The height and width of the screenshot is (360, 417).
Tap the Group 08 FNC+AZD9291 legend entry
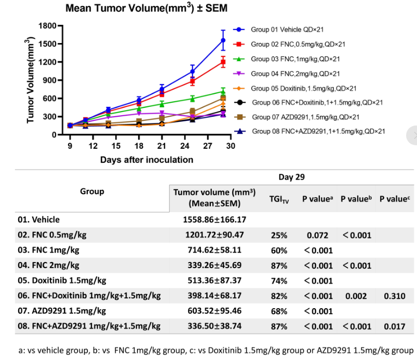pyautogui.click(x=317, y=132)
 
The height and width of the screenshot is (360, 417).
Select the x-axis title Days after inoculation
pyautogui.click(x=146, y=160)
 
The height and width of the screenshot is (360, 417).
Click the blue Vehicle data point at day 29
pyautogui.click(x=223, y=40)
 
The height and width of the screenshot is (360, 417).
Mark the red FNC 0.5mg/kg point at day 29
pyautogui.click(x=223, y=62)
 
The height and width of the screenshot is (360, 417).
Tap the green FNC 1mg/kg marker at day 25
pyautogui.click(x=192, y=99)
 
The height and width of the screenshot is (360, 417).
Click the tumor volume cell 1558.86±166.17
pyautogui.click(x=214, y=220)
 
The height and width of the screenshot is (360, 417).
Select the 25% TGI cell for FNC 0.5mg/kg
pyautogui.click(x=279, y=235)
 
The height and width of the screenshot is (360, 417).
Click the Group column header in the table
pyautogui.click(x=92, y=191)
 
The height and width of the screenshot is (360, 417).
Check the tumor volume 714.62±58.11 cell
pyautogui.click(x=214, y=251)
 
